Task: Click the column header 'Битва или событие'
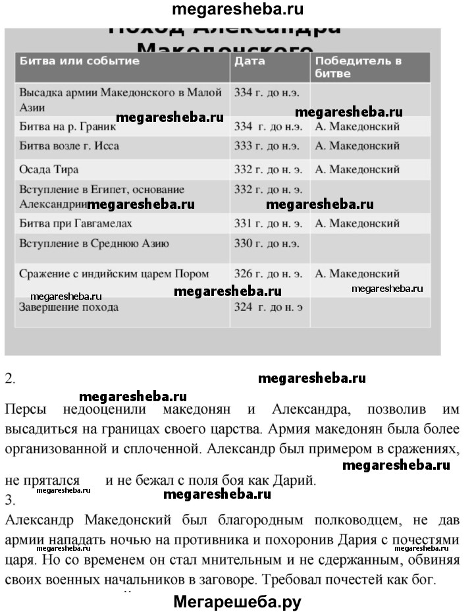coord(80,61)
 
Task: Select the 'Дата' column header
coord(250,61)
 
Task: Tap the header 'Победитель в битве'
coord(358,67)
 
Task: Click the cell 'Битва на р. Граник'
coord(68,126)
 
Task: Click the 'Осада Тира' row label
coord(45,169)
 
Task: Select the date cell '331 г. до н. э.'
coord(269,223)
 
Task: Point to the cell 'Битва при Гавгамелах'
coord(76,223)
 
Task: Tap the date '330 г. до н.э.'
coord(267,244)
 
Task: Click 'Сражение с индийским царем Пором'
coord(115,273)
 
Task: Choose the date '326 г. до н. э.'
coord(269,273)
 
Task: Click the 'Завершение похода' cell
coord(69,307)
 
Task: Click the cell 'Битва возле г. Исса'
coord(70,146)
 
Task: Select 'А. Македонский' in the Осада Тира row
coord(357,169)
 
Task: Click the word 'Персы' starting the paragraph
coord(26,408)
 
